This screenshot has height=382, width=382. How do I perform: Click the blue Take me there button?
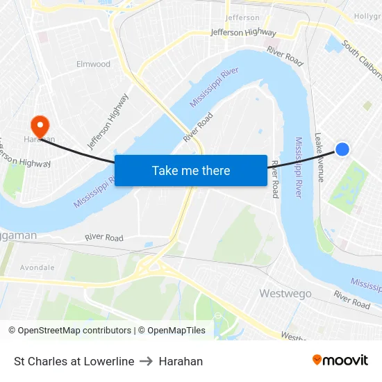(x=191, y=170)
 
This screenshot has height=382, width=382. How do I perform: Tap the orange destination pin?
(x=40, y=126)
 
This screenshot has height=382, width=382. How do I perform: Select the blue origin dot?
(x=342, y=149)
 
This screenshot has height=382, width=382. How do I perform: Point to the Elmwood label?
(x=93, y=64)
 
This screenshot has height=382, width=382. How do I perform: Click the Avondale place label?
(x=37, y=267)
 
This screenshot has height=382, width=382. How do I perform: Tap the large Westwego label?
(x=285, y=293)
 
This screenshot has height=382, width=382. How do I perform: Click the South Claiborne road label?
(x=361, y=62)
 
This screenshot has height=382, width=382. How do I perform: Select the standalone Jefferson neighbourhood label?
(x=242, y=17)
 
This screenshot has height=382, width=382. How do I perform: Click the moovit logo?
(x=340, y=360)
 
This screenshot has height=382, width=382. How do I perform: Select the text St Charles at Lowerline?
(x=74, y=361)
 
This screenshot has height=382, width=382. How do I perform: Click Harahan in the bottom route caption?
(x=181, y=361)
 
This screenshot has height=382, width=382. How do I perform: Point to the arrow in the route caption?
(x=146, y=361)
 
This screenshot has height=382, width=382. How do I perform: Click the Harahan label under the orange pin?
(x=40, y=139)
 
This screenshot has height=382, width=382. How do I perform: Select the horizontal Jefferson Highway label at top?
(x=243, y=33)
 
